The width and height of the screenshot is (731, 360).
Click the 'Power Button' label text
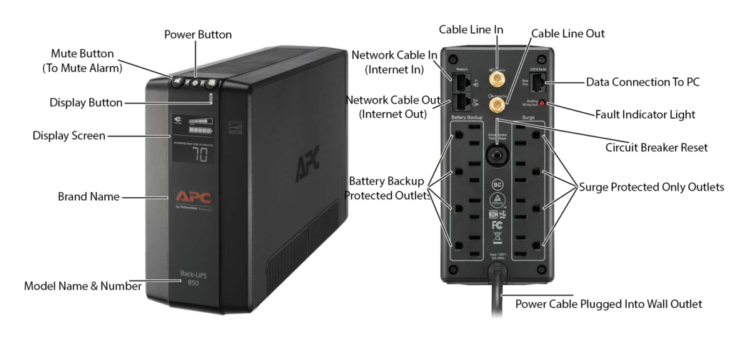click(x=198, y=34)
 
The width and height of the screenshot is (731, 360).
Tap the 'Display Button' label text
click(x=86, y=103)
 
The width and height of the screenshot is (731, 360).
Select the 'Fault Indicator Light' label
click(x=645, y=114)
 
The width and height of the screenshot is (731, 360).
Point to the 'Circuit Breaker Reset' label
click(x=656, y=147)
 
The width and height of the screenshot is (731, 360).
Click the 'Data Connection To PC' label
click(x=642, y=82)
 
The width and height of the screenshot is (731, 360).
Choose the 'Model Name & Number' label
click(x=83, y=286)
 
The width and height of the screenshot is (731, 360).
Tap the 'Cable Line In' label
click(x=470, y=28)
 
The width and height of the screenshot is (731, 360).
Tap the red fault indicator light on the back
click(x=542, y=104)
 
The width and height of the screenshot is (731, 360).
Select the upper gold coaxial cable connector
click(x=496, y=74)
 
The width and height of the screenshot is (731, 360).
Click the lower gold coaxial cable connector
click(x=494, y=106)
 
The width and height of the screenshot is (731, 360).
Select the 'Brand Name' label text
click(x=89, y=196)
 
